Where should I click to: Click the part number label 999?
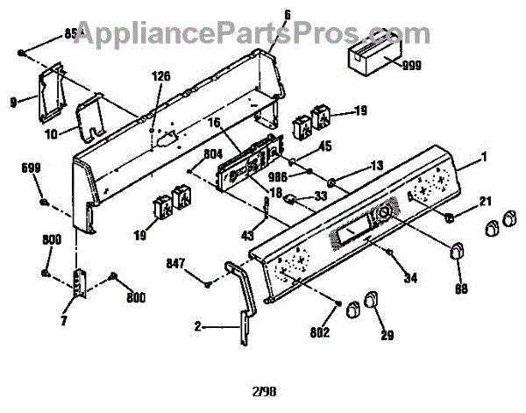tap(412, 65)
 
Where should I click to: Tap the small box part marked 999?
tap(368, 58)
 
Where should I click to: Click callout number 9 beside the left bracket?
tap(13, 102)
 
